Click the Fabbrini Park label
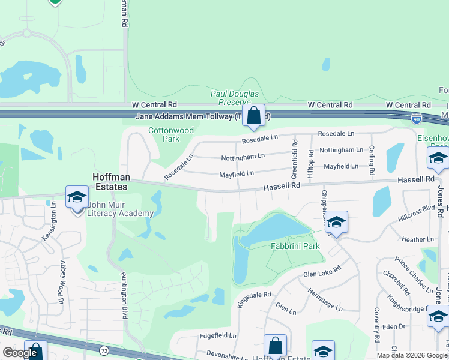click(294, 246)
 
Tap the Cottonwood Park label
click(164, 134)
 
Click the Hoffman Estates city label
click(110, 182)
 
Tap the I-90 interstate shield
click(416, 119)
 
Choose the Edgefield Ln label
click(218, 336)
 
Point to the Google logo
click(20, 353)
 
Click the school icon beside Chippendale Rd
click(337, 223)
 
